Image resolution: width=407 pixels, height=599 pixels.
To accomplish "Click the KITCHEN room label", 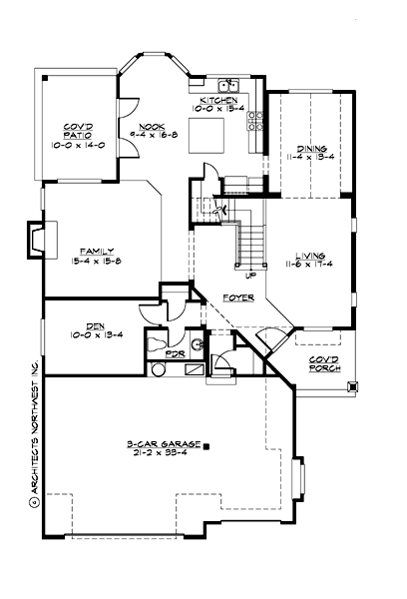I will tap(217, 102).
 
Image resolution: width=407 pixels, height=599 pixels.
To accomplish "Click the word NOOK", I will tap(151, 127).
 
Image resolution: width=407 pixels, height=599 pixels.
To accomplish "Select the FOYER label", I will tap(237, 297).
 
